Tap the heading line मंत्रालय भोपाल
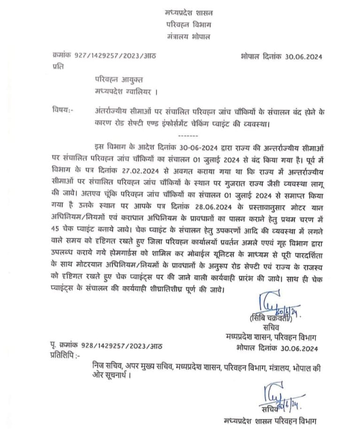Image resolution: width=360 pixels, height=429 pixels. [x=188, y=37]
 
